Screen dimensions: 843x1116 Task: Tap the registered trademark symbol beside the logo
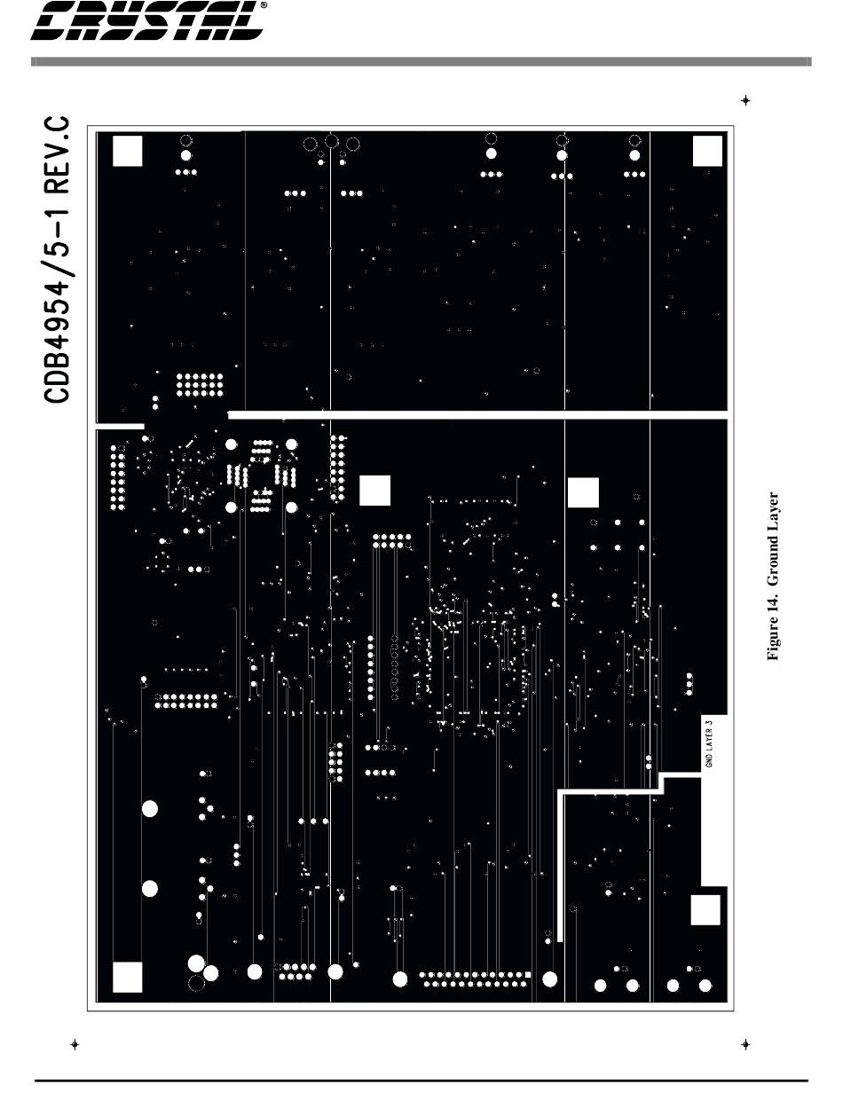[x=264, y=5]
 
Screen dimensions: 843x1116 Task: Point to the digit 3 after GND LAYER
[x=709, y=723]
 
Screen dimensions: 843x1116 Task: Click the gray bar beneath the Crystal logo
[x=421, y=62]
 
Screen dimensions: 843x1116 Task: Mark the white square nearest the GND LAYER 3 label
[x=705, y=910]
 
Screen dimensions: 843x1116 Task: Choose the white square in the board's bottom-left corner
[x=128, y=976]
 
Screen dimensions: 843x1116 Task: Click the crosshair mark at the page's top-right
[x=745, y=100]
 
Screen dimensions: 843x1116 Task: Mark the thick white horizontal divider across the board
[x=479, y=414]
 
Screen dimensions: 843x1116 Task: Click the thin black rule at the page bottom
[x=421, y=1080]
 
